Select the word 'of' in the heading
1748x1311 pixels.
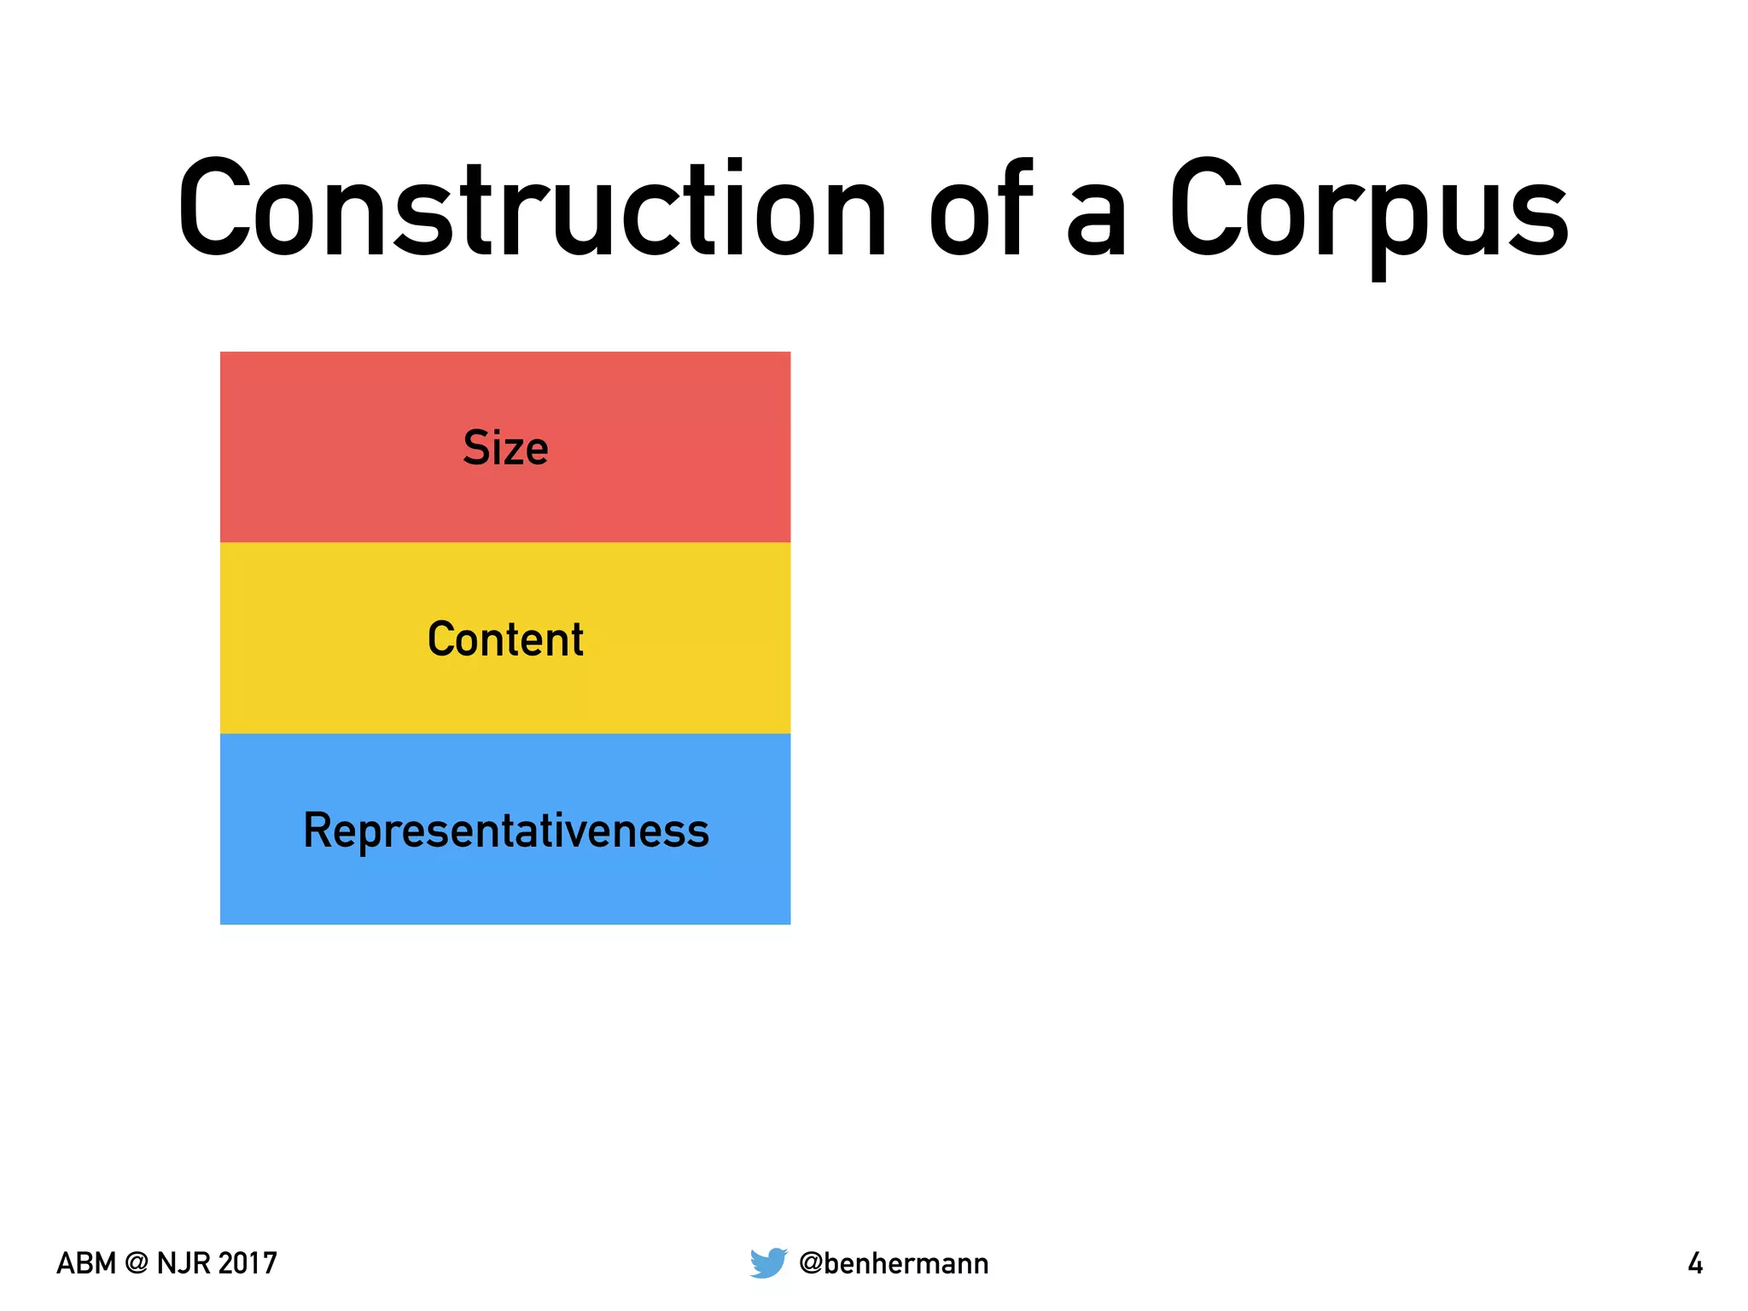pyautogui.click(x=982, y=209)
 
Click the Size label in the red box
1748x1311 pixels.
pyautogui.click(x=505, y=448)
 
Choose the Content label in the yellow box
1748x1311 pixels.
pyautogui.click(x=505, y=639)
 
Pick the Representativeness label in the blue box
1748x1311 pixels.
pyautogui.click(x=506, y=830)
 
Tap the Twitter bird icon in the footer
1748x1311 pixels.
pyautogui.click(x=768, y=1262)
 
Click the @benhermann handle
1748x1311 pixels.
pyautogui.click(x=894, y=1263)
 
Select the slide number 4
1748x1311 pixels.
pyautogui.click(x=1695, y=1263)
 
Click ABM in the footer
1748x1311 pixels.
pyautogui.click(x=85, y=1263)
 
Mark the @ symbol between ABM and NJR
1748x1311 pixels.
pyautogui.click(x=137, y=1263)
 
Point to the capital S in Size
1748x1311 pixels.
pyautogui.click(x=475, y=448)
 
